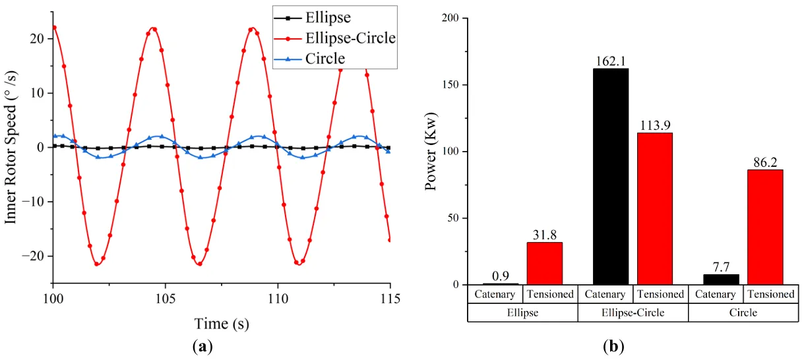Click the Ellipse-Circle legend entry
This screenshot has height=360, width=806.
point(350,38)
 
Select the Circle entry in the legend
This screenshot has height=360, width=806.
point(325,59)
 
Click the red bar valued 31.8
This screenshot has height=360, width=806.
point(545,263)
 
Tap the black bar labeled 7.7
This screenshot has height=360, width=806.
point(721,280)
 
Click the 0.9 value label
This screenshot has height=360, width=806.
point(501,278)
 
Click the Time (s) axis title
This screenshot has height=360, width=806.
point(222,323)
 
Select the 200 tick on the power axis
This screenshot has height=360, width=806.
point(451,18)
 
